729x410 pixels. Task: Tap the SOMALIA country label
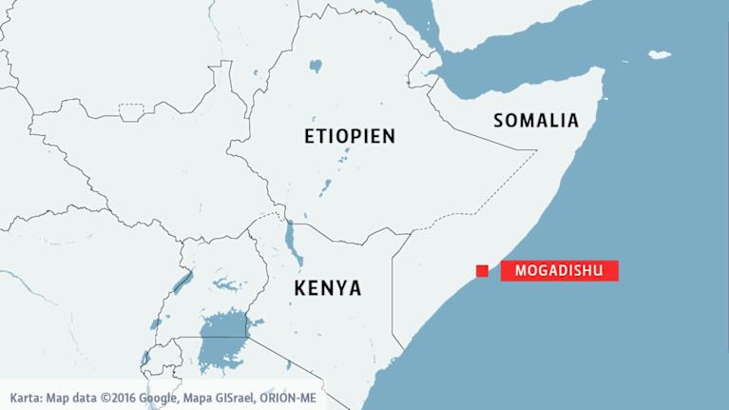(x=535, y=120)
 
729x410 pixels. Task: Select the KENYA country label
(x=327, y=286)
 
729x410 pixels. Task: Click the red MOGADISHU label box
(x=559, y=270)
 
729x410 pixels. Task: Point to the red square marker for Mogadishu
(x=483, y=271)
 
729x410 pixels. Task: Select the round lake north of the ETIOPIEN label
(x=315, y=67)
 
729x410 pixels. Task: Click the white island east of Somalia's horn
(x=659, y=55)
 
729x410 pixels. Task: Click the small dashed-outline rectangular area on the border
(x=132, y=112)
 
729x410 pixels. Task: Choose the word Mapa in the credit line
(x=195, y=399)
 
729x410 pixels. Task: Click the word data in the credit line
(x=89, y=399)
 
